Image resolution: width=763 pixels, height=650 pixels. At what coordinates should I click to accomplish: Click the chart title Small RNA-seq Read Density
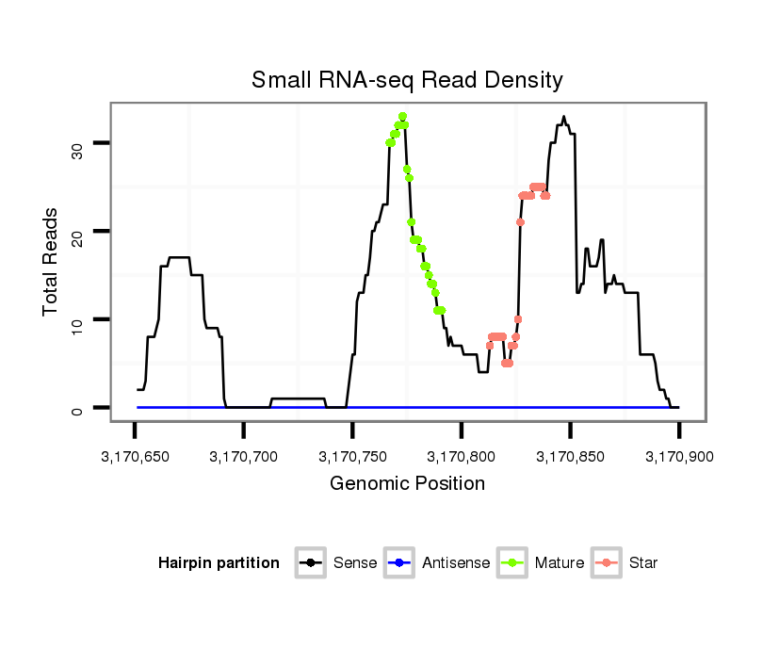407,80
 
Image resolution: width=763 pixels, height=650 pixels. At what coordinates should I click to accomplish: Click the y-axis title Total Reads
53,262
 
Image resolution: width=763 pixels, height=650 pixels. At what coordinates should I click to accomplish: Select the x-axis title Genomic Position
407,484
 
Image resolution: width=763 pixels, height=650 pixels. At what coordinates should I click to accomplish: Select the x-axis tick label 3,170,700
244,458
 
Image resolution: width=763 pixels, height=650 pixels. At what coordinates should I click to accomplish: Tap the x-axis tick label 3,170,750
352,458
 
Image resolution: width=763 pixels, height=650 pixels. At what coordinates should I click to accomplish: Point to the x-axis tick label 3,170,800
462,458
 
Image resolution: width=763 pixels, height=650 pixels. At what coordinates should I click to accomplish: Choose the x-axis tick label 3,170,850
570,458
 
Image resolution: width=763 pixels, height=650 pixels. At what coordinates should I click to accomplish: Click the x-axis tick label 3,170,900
678,458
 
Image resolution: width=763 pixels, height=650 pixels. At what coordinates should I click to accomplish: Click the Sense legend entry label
355,563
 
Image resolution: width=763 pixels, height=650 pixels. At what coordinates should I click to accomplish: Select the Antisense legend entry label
456,563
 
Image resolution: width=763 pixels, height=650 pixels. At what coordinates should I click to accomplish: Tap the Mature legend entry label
560,563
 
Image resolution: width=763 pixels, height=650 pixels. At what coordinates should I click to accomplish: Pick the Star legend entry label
644,563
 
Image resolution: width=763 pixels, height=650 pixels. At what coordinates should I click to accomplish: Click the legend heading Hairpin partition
219,563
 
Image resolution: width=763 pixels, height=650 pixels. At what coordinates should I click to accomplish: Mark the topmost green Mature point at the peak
402,117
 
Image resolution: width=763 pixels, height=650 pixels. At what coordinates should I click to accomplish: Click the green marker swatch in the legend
513,563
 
